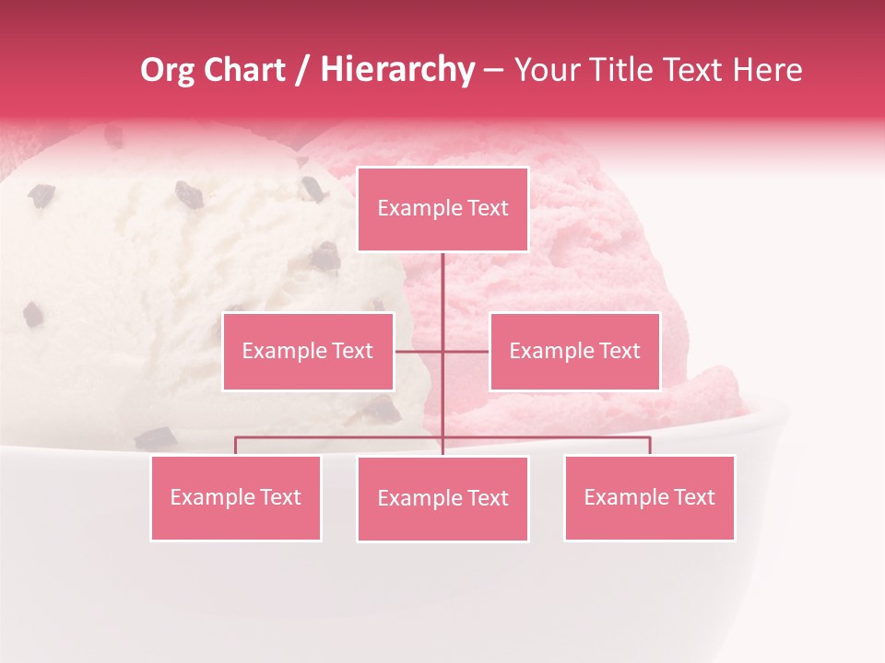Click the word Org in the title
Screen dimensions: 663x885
[167, 70]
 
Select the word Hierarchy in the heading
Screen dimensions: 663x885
[397, 70]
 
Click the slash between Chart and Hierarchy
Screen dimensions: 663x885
[302, 70]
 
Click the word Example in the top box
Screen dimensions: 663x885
[410, 208]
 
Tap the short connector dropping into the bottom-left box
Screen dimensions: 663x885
[236, 446]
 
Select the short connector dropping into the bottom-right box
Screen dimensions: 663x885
[649, 446]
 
